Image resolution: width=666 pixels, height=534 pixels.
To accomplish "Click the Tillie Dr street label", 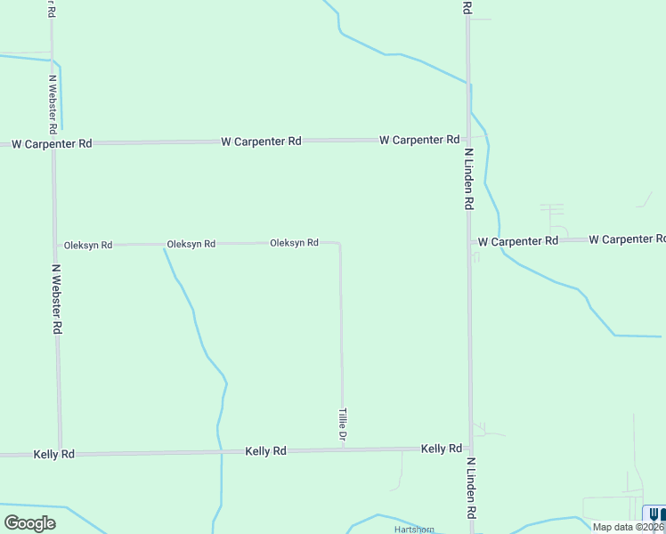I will [342, 425].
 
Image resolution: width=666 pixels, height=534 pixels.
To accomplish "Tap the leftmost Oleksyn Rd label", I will [87, 245].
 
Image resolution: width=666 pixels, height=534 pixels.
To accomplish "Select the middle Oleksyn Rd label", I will [191, 244].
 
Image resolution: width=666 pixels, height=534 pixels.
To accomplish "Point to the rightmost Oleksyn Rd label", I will [294, 243].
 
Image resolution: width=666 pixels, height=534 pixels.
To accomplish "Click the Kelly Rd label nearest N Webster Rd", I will [53, 454].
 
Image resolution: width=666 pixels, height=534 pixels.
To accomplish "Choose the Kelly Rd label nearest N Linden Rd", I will [442, 449].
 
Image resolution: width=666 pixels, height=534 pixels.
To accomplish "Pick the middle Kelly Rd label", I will [265, 451].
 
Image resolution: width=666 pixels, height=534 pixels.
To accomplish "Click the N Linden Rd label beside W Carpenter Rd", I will [467, 178].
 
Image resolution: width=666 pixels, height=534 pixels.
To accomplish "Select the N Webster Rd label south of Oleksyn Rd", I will [56, 298].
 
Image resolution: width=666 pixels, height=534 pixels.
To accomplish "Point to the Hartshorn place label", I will [414, 529].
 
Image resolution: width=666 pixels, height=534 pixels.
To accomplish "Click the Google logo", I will [29, 522].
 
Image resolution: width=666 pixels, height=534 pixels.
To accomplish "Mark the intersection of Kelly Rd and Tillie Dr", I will [343, 449].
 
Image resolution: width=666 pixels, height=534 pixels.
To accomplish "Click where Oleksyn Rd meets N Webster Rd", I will [55, 245].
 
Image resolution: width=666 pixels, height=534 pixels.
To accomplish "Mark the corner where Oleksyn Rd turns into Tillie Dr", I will [339, 242].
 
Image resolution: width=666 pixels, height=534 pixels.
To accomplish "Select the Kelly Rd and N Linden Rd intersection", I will [470, 448].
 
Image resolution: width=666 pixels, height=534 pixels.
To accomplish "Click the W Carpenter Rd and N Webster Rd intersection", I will [53, 142].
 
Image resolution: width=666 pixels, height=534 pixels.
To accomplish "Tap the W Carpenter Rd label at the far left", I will [51, 143].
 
